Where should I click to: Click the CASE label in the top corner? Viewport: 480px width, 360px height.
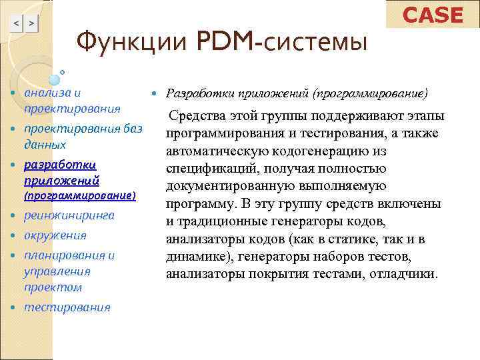click(433, 15)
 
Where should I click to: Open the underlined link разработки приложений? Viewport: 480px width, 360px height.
click(61, 172)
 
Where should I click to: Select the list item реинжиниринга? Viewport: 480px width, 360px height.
click(69, 215)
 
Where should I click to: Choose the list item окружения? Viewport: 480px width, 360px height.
click(55, 235)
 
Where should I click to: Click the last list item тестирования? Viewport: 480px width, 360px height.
click(67, 307)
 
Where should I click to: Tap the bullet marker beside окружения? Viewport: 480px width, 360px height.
click(15, 236)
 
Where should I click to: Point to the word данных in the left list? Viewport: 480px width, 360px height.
click(45, 144)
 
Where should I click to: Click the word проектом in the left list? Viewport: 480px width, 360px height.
click(53, 287)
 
